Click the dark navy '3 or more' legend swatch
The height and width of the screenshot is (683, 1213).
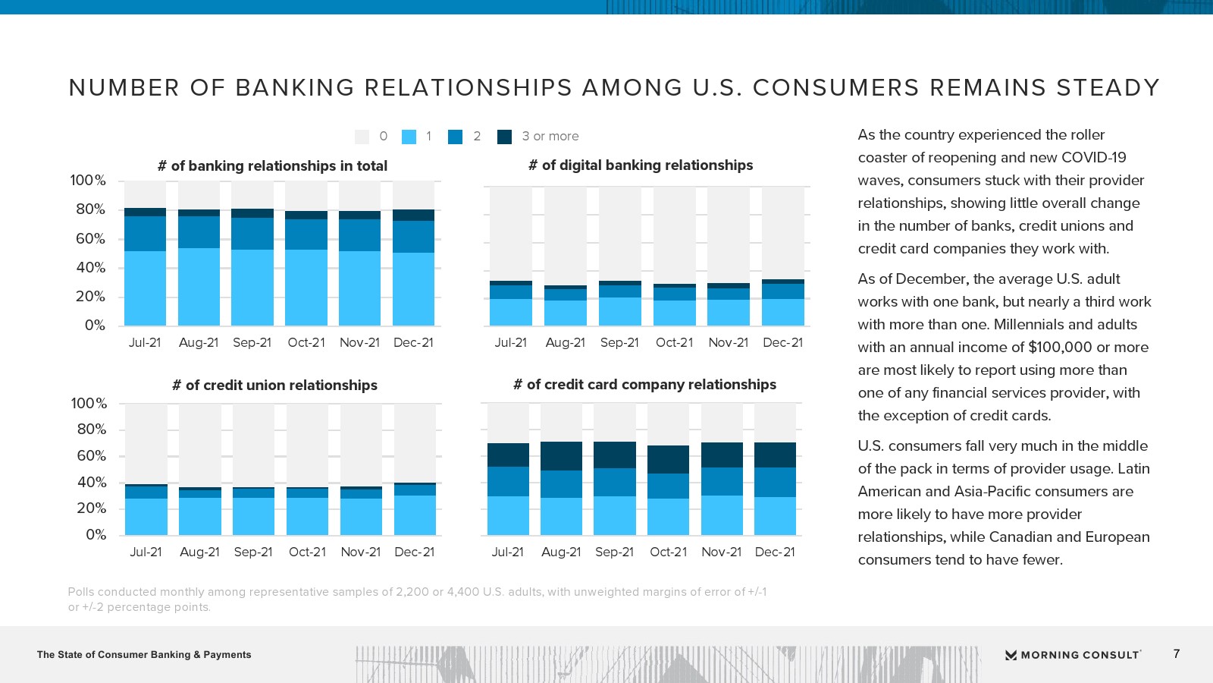tap(504, 137)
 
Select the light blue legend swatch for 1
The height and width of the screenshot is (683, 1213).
tap(409, 137)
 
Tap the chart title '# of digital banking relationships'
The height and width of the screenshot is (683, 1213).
tap(641, 165)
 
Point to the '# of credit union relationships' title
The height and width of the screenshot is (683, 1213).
tap(274, 386)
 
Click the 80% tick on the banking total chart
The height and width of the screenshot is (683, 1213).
tap(90, 209)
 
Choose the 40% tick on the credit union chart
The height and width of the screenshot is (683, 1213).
tap(91, 483)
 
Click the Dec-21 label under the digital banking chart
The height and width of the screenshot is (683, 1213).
tap(782, 343)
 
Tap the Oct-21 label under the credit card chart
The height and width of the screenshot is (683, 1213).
tap(668, 552)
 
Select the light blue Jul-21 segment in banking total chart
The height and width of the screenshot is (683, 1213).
tap(145, 288)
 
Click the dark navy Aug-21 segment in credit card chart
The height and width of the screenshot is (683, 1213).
tap(561, 456)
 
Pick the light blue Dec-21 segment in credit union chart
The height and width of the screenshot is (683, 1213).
tap(415, 515)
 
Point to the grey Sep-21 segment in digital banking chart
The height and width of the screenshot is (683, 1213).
tap(620, 234)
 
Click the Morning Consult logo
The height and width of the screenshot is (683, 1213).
tap(1073, 655)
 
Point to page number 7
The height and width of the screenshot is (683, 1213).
tap(1177, 654)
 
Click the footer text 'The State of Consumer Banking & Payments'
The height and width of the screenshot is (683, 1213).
tap(144, 655)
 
